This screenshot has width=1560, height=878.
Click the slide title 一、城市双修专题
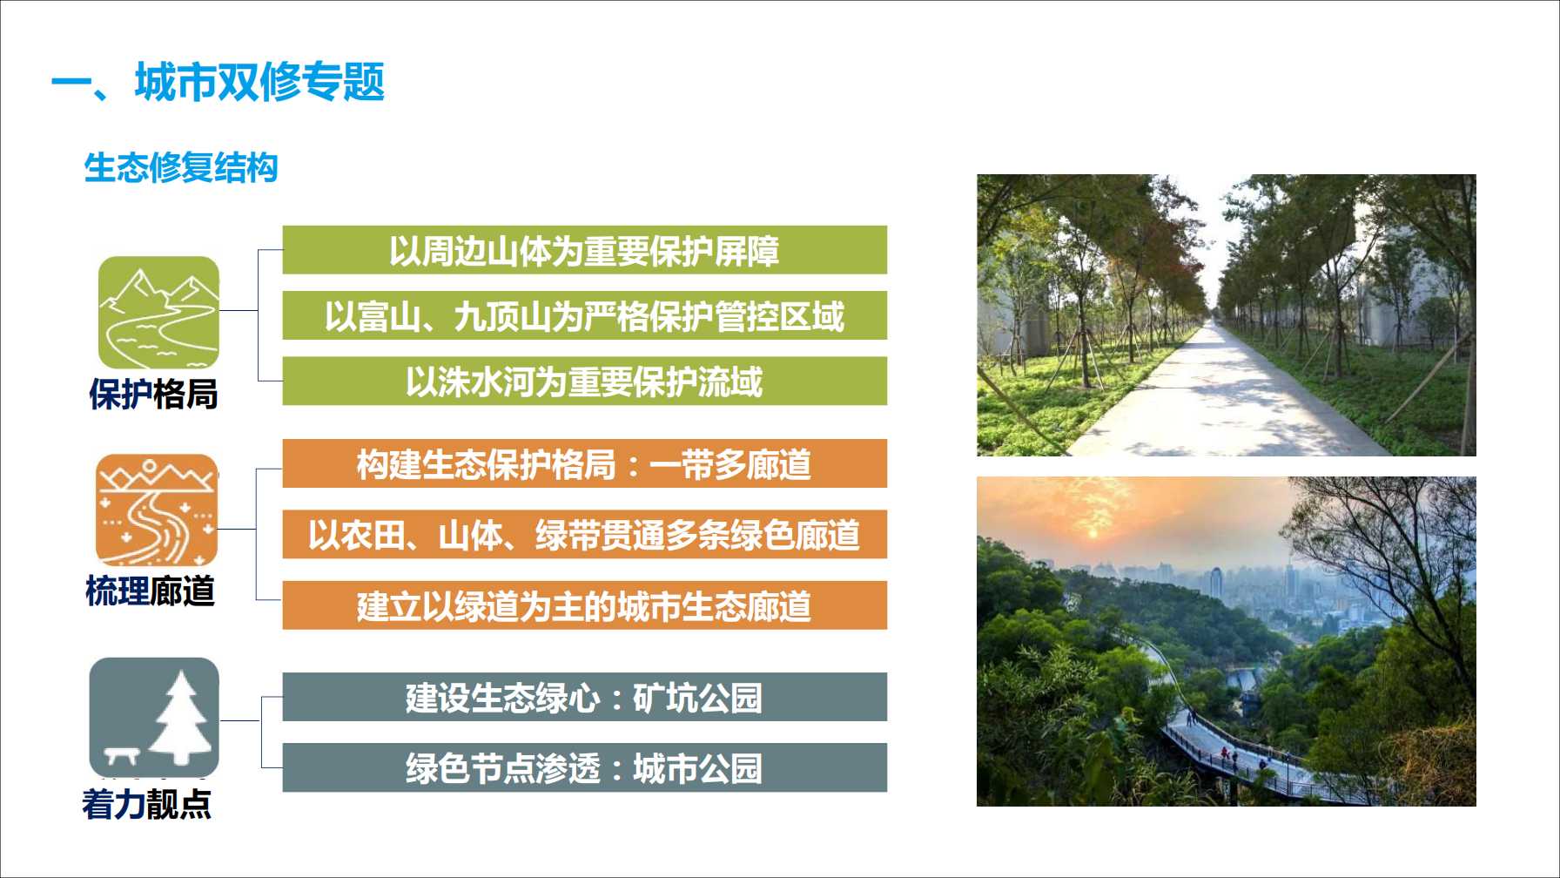point(218,83)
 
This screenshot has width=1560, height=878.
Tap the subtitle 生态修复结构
point(181,167)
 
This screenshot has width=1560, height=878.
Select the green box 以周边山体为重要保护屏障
point(585,250)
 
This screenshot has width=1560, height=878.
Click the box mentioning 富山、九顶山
point(585,315)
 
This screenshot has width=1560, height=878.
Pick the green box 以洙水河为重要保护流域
point(585,381)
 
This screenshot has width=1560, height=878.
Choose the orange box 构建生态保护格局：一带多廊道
point(585,463)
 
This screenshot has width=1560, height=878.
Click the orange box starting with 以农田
point(585,534)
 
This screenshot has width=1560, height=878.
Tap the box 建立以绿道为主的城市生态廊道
point(585,605)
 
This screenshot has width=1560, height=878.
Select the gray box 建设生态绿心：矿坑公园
point(585,697)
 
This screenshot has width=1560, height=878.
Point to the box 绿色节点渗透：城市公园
point(585,767)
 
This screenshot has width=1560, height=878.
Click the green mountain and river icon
point(158,313)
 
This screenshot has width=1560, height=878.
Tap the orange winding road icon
point(157,510)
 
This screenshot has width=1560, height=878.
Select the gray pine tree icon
point(154,717)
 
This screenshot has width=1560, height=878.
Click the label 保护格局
point(153,394)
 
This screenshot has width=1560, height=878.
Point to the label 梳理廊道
point(151,591)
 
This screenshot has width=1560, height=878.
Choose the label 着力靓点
point(147,804)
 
